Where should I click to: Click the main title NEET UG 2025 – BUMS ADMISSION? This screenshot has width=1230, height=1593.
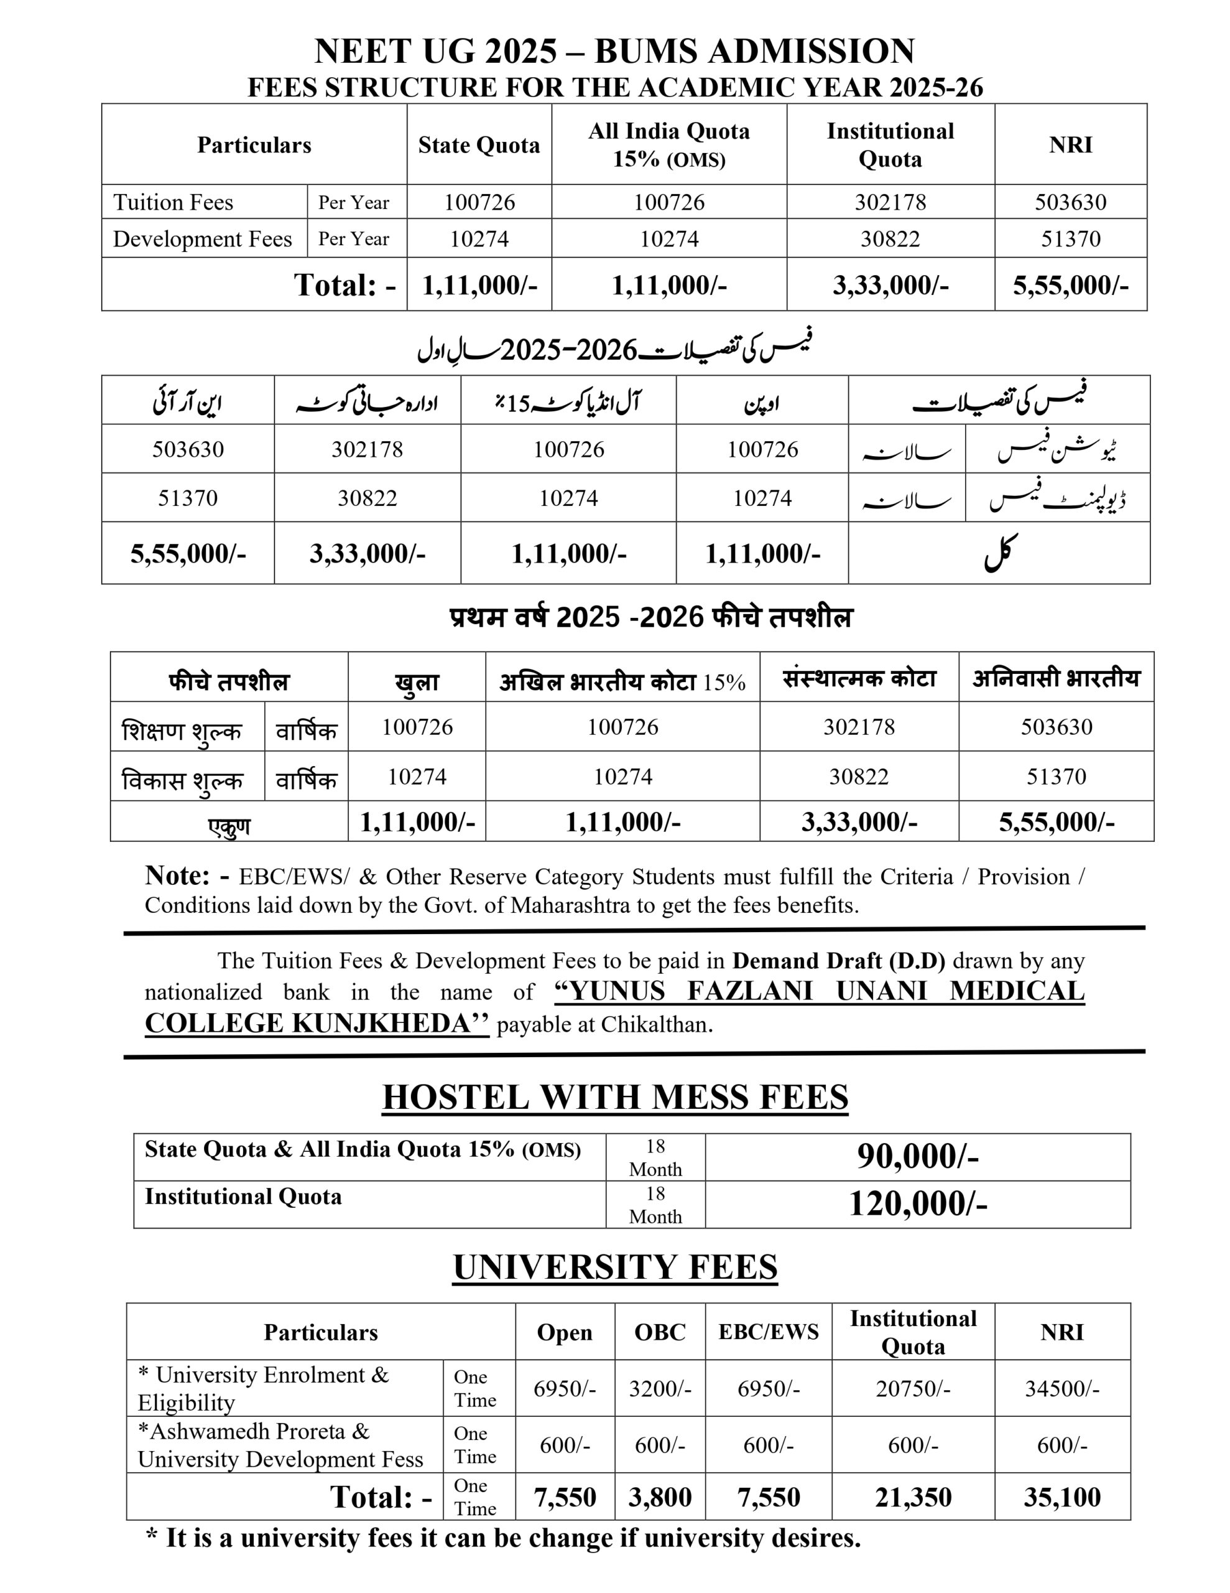pos(614,51)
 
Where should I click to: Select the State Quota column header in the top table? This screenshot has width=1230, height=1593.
pos(479,144)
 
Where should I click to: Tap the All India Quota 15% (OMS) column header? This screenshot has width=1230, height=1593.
pos(668,144)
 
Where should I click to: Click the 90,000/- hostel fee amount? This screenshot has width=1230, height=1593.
pos(917,1156)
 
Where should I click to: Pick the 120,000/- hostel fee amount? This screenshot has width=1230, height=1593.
pos(917,1203)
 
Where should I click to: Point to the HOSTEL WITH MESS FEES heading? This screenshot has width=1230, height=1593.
pos(614,1097)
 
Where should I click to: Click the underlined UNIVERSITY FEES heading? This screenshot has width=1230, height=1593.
pos(614,1267)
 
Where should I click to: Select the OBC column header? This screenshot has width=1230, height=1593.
pos(660,1332)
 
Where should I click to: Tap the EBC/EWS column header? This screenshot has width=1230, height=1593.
pos(769,1332)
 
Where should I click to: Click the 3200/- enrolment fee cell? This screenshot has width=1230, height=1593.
pos(660,1388)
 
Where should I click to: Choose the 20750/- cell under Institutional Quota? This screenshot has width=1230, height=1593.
pos(913,1388)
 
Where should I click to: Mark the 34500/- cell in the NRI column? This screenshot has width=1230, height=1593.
pos(1061,1388)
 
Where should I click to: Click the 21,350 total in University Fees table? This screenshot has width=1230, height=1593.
pos(913,1497)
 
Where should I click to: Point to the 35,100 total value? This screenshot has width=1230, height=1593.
pos(1061,1497)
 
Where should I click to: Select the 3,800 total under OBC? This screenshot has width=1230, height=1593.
pos(660,1497)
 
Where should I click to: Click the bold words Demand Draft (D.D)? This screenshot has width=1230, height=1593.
pos(838,961)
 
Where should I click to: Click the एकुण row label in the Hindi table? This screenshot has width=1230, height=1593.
pos(229,826)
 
